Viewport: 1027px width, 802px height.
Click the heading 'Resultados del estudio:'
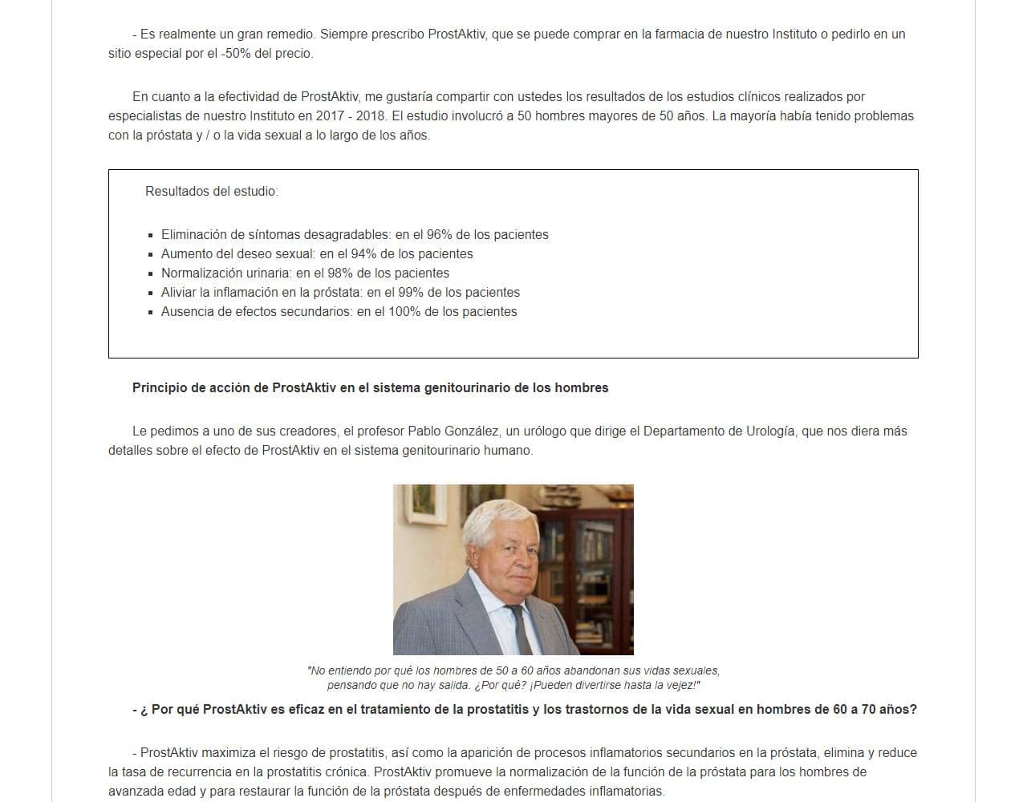coord(211,192)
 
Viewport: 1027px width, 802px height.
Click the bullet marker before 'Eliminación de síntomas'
coord(151,236)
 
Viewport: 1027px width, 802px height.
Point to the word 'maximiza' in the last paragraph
coord(226,753)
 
